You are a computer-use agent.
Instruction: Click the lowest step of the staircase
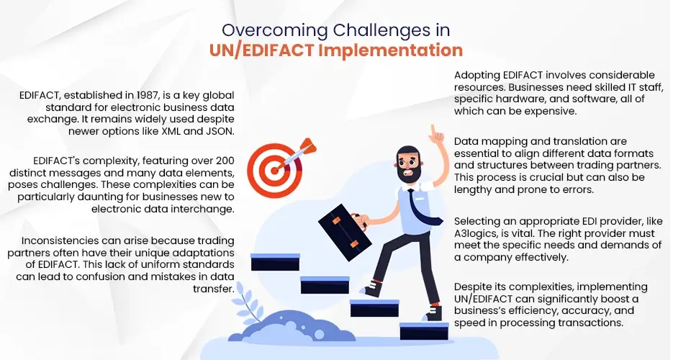pos(424,331)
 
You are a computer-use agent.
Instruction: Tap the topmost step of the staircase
pos(274,261)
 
